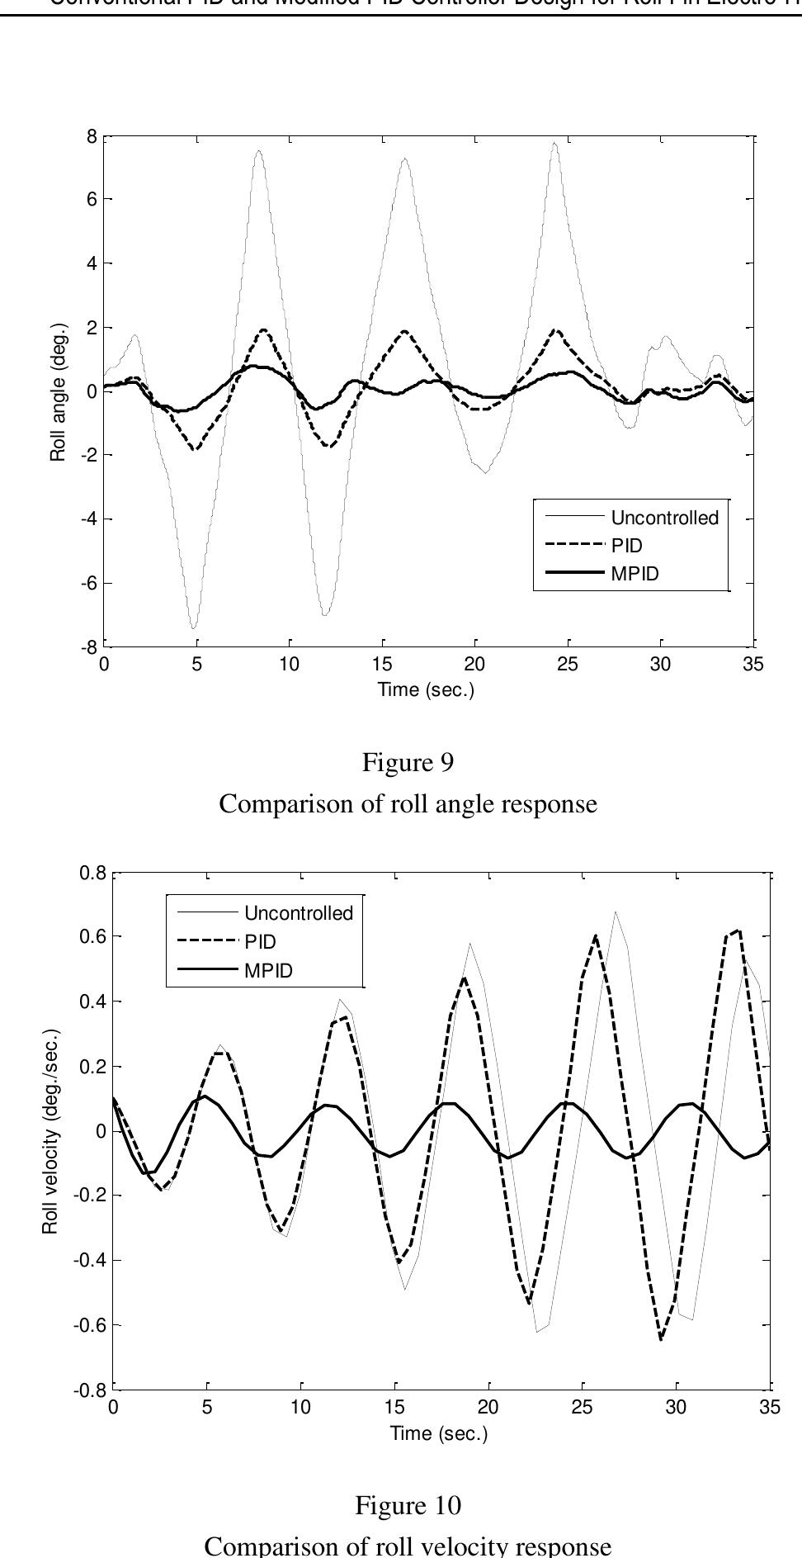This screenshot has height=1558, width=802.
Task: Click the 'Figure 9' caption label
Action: coord(408,762)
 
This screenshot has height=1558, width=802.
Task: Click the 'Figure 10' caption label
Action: coord(408,1505)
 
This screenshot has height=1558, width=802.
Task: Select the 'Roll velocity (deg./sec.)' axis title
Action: coord(51,1131)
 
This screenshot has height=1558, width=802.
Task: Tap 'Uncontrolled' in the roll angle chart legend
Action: coord(664,518)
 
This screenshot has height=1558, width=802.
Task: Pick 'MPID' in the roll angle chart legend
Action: coord(635,574)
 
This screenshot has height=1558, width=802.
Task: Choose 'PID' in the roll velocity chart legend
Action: coord(260,942)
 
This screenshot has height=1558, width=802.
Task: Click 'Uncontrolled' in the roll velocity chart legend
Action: coord(298,913)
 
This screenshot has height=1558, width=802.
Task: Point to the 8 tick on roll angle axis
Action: coord(92,136)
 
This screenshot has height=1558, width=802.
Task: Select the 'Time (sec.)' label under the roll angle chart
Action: coord(426,689)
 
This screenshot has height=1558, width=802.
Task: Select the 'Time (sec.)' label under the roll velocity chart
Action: coord(439,1433)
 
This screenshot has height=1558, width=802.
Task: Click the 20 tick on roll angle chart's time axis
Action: coord(474,665)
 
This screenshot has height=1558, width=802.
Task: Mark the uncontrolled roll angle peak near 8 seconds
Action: coord(259,150)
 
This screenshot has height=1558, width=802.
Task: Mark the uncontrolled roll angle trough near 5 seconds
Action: coord(193,628)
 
